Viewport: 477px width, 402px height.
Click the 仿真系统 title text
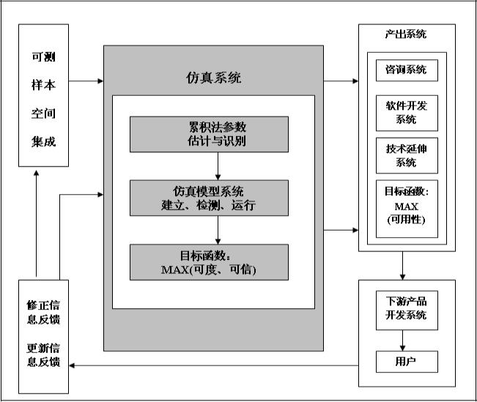pyautogui.click(x=213, y=78)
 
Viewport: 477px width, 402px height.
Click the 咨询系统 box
pyautogui.click(x=406, y=70)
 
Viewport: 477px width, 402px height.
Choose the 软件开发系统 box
pyautogui.click(x=406, y=112)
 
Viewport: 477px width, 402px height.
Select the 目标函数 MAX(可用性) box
pyautogui.click(x=406, y=208)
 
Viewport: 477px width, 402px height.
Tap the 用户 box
pyautogui.click(x=406, y=361)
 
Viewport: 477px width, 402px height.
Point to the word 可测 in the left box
pyautogui.click(x=43, y=59)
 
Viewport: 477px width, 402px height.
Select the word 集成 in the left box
pyautogui.click(x=43, y=141)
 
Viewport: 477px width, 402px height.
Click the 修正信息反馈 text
pyautogui.click(x=43, y=310)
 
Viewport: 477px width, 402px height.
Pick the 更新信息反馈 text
pyautogui.click(x=43, y=354)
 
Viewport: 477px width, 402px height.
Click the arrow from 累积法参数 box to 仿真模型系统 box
pyautogui.click(x=217, y=165)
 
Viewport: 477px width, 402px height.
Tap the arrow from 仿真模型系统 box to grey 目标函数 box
pyautogui.click(x=217, y=230)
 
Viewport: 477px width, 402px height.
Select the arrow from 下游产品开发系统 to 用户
pyautogui.click(x=403, y=340)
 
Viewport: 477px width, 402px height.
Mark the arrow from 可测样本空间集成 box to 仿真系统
pyautogui.click(x=86, y=80)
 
